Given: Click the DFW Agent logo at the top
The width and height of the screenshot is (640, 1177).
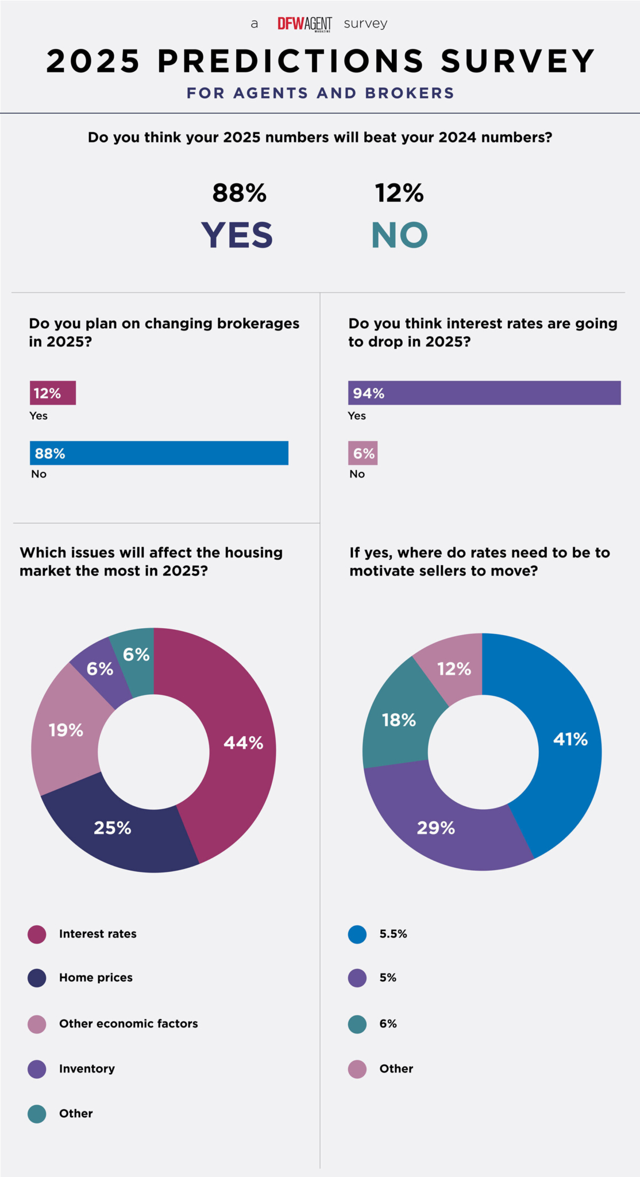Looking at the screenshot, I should pyautogui.click(x=304, y=24).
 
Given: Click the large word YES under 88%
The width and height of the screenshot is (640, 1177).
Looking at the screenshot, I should pyautogui.click(x=237, y=235).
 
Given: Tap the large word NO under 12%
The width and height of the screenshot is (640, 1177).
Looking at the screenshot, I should pyautogui.click(x=400, y=235).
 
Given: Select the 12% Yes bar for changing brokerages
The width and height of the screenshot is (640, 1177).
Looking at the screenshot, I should pyautogui.click(x=53, y=393).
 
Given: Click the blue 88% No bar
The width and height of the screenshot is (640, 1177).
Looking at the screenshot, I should pyautogui.click(x=159, y=453).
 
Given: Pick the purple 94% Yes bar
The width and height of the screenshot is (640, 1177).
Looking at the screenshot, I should pyautogui.click(x=484, y=393).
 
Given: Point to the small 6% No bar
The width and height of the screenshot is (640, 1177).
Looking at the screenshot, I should pyautogui.click(x=363, y=453).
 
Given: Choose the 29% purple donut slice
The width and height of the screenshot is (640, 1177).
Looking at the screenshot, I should pyautogui.click(x=437, y=828).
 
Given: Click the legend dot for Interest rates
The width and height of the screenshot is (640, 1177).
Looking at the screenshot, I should pyautogui.click(x=37, y=934).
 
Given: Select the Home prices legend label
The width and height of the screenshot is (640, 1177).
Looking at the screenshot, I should pyautogui.click(x=96, y=978).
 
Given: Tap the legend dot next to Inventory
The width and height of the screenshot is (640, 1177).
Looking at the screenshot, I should pyautogui.click(x=37, y=1069).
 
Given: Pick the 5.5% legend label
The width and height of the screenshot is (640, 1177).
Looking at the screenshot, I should pyautogui.click(x=393, y=934).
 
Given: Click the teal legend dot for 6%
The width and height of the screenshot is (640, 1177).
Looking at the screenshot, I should pyautogui.click(x=357, y=1024).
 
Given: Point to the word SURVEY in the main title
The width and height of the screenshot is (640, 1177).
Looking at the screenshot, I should pyautogui.click(x=518, y=61).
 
